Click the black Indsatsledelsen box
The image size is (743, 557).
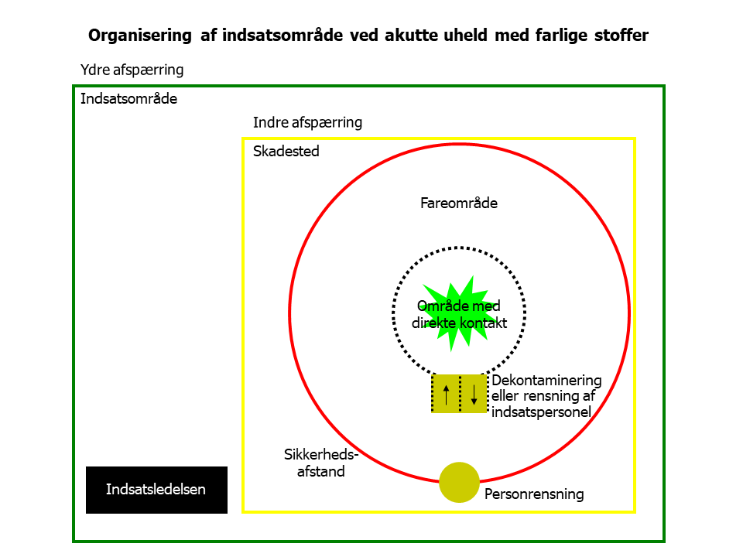tap(156, 490)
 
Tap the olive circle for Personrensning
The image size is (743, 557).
tap(459, 482)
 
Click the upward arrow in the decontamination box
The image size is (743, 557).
tap(446, 394)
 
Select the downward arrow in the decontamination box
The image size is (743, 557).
tap(474, 394)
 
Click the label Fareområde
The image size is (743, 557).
tap(459, 203)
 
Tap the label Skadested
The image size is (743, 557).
tap(286, 152)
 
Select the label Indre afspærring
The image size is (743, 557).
tap(307, 122)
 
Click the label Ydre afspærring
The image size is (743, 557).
tap(132, 70)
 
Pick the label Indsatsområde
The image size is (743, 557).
tap(129, 99)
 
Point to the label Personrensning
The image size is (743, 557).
tap(534, 494)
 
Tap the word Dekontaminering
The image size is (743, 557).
tap(547, 381)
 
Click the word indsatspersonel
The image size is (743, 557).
tap(542, 412)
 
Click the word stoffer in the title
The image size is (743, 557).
tap(619, 36)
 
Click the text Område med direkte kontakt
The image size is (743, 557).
tap(459, 314)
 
